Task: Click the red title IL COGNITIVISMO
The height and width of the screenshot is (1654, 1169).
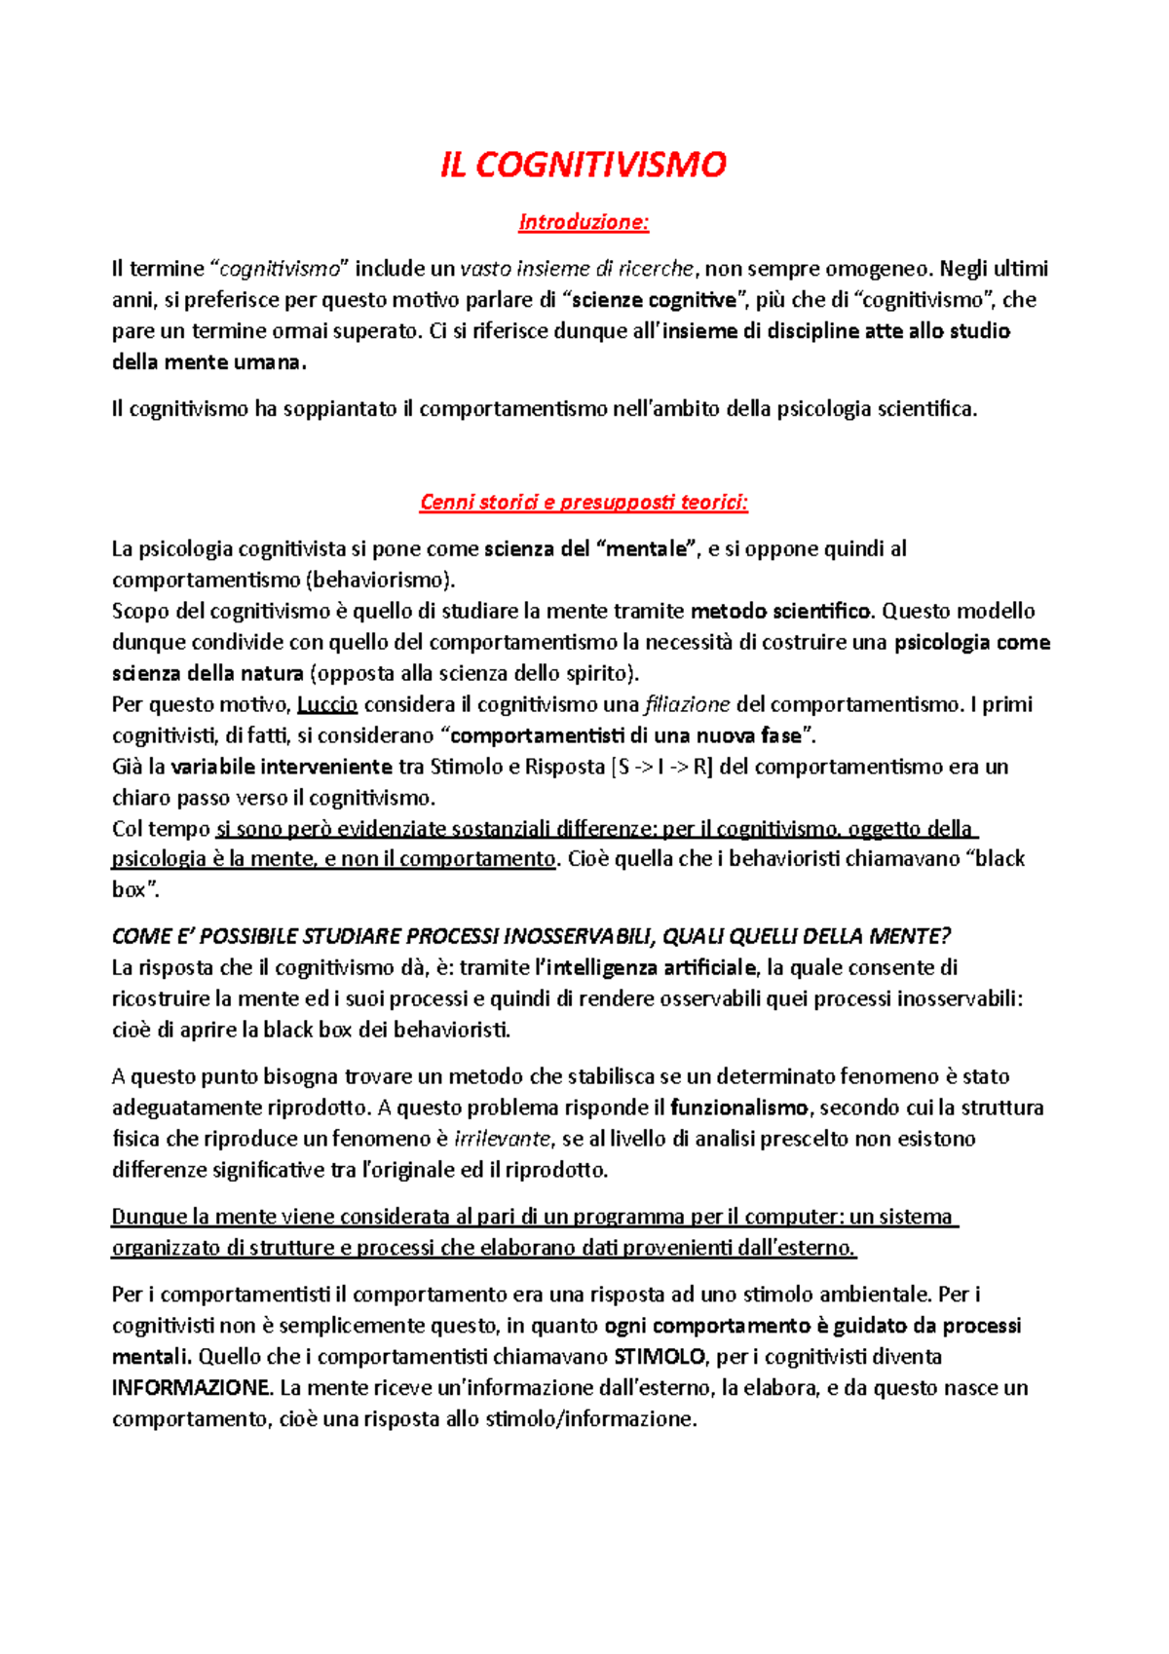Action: (x=584, y=165)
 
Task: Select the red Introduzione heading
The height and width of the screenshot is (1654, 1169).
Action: (x=584, y=222)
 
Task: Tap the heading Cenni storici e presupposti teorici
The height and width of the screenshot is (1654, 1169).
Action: (x=584, y=503)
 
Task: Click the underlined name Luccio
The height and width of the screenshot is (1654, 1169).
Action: (x=327, y=704)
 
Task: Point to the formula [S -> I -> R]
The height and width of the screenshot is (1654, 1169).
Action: (x=661, y=767)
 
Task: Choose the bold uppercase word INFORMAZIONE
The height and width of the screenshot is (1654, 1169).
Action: (x=191, y=1388)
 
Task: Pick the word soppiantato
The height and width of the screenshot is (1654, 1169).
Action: (x=339, y=409)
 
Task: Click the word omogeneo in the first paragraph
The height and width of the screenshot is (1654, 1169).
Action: (x=881, y=269)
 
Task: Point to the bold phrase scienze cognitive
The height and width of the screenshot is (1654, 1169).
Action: (x=655, y=300)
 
